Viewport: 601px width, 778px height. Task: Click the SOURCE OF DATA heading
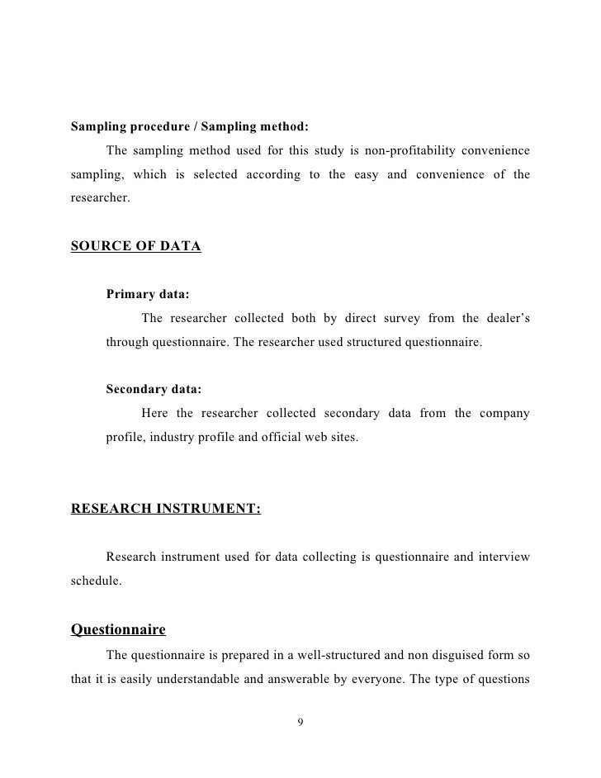pyautogui.click(x=136, y=247)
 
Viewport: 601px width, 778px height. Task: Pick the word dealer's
pyautogui.click(x=506, y=318)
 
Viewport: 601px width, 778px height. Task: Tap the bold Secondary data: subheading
pyautogui.click(x=154, y=389)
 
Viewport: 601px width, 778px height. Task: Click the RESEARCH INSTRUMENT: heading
pyautogui.click(x=166, y=509)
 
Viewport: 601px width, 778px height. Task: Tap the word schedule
pyautogui.click(x=96, y=581)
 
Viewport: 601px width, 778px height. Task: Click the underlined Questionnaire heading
pyautogui.click(x=118, y=630)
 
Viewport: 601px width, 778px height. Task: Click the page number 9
pyautogui.click(x=300, y=723)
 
